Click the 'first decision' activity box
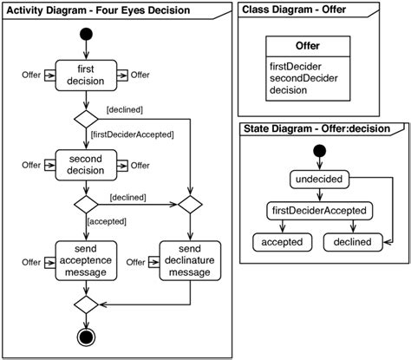tap(85, 75)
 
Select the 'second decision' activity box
tap(85, 165)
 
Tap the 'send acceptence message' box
tap(85, 261)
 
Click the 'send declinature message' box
tap(189, 261)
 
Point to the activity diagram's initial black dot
tap(85, 36)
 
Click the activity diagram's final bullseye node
tap(85, 337)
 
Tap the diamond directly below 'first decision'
tap(85, 118)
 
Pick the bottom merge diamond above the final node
tap(85, 304)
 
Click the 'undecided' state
tap(321, 180)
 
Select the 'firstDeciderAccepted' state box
tap(321, 210)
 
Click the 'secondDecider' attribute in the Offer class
tap(302, 77)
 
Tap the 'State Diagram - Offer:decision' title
tap(315, 129)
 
